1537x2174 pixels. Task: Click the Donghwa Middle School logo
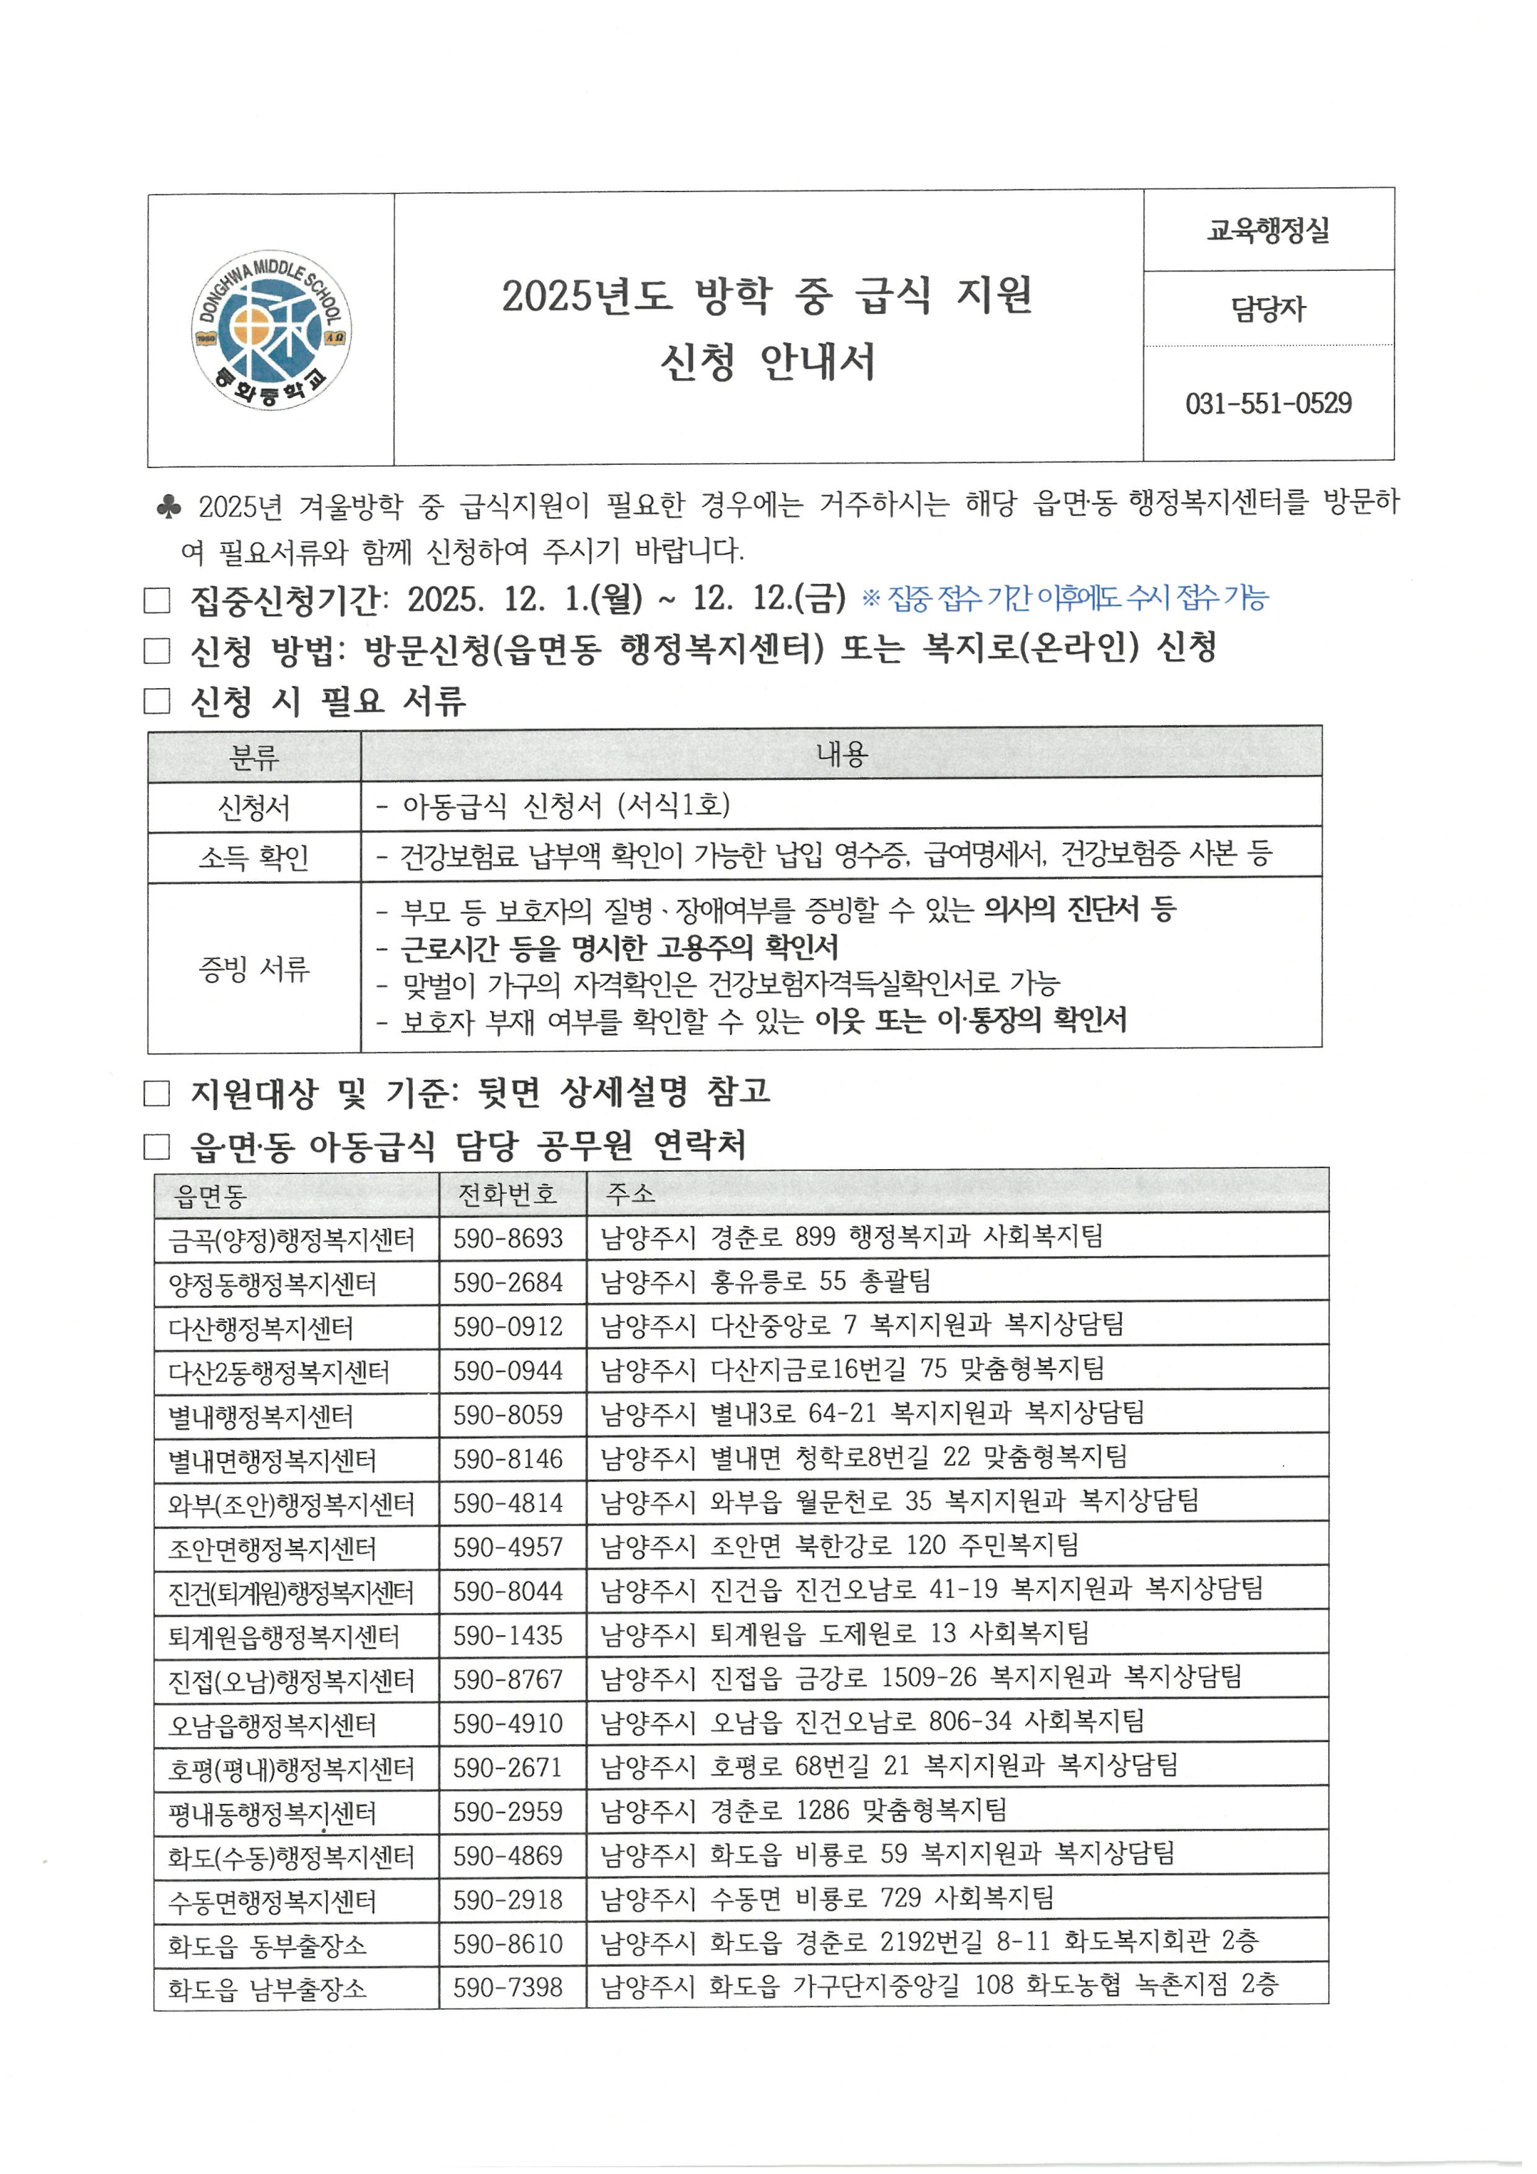coord(271,330)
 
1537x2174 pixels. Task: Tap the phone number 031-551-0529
coord(1268,404)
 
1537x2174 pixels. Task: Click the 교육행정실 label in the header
coord(1268,230)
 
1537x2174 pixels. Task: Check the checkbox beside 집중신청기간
coord(156,600)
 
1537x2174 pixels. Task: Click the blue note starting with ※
coord(1065,598)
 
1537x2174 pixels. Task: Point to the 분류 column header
coord(253,756)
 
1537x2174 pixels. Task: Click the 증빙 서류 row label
coord(253,968)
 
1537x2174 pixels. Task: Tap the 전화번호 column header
coord(508,1194)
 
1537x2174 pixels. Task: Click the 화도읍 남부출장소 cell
coord(267,1989)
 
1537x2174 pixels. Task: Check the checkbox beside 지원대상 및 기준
coord(156,1095)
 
